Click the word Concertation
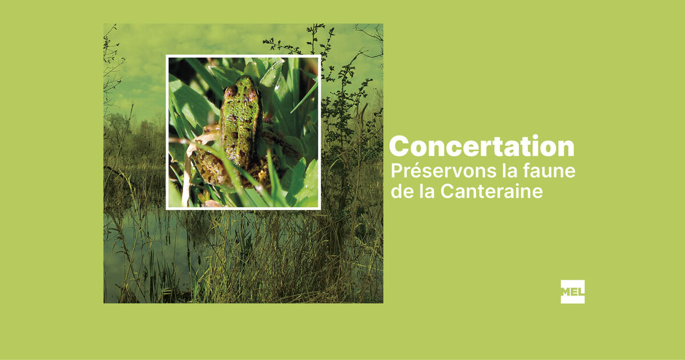pyautogui.click(x=482, y=146)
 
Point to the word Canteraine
pyautogui.click(x=491, y=191)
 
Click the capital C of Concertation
pyautogui.click(x=399, y=147)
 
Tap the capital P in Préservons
pyautogui.click(x=397, y=171)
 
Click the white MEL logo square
pyautogui.click(x=573, y=292)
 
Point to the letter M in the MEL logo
pyautogui.click(x=566, y=292)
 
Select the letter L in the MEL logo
pyautogui.click(x=582, y=292)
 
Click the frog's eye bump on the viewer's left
pyautogui.click(x=231, y=91)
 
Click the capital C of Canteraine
pyautogui.click(x=447, y=192)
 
